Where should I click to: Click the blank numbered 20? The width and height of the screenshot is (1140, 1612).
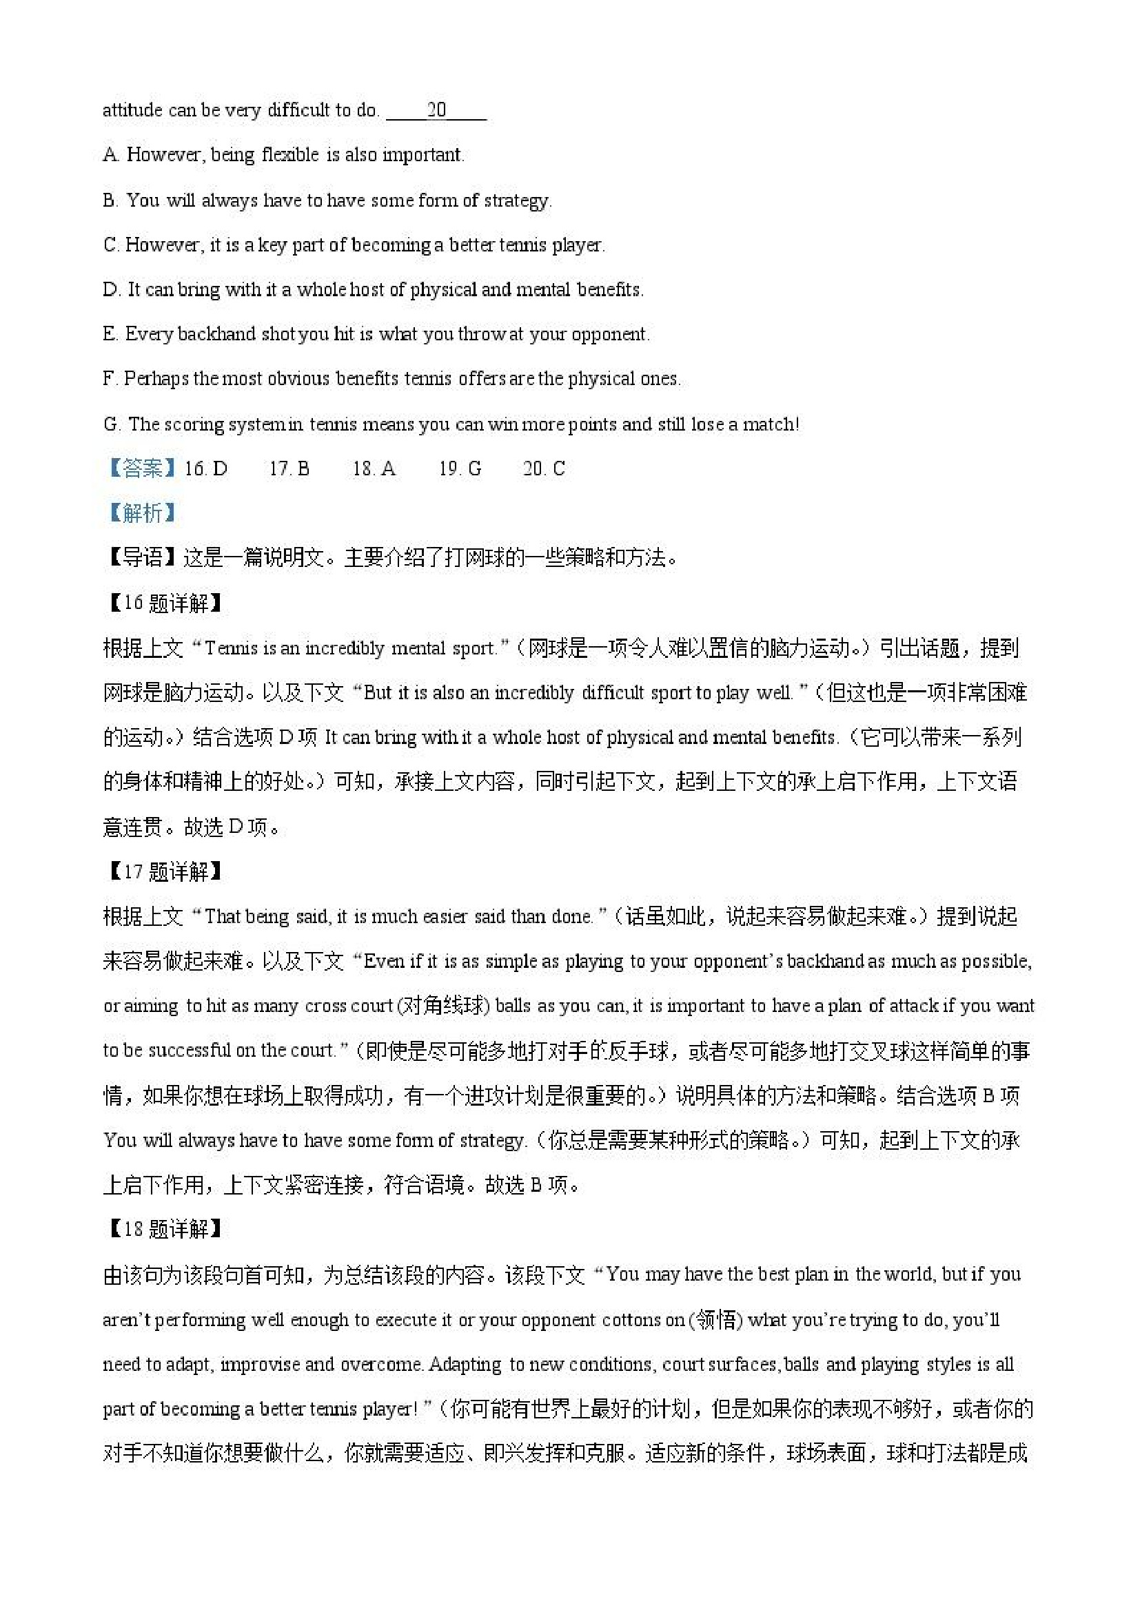click(x=436, y=110)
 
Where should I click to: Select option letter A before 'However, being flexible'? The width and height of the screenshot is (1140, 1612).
click(x=110, y=155)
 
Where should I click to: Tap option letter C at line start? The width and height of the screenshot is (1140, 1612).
click(x=110, y=245)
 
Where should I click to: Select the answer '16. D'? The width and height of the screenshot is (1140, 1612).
click(x=206, y=469)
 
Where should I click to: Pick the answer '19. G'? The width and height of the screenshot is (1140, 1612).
click(x=460, y=469)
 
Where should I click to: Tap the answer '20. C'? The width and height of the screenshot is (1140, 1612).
click(x=544, y=469)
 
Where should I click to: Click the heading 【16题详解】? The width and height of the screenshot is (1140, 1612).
click(x=164, y=603)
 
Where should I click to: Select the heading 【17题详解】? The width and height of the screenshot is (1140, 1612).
click(x=164, y=872)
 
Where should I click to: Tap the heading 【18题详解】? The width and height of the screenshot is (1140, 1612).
click(x=164, y=1230)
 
